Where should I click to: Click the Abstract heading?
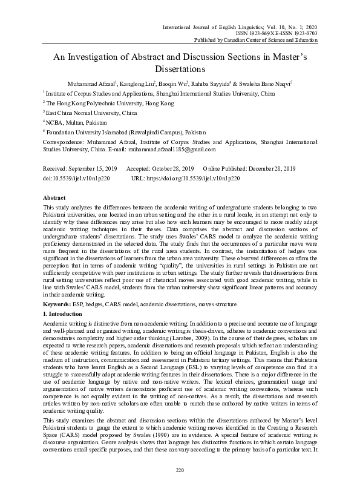tap(54, 199)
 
